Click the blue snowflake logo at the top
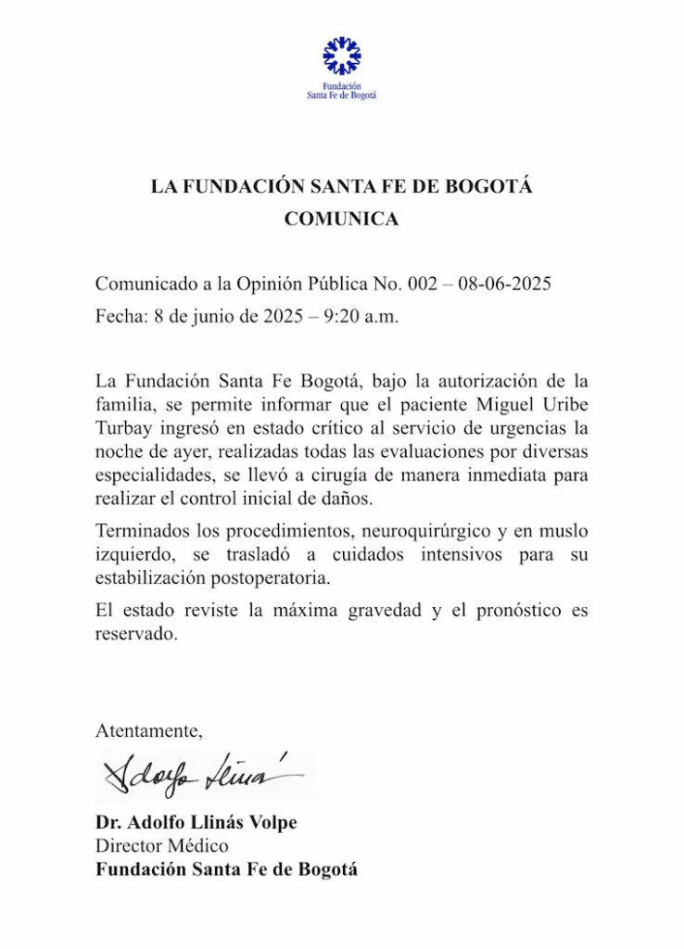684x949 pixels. [x=341, y=56]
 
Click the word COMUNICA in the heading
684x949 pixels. [x=341, y=219]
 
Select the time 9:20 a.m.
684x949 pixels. [x=361, y=315]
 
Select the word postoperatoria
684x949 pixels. [x=276, y=578]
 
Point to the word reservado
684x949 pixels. [x=135, y=636]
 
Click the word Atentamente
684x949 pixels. [x=148, y=730]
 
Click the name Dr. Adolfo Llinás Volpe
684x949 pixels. [x=196, y=823]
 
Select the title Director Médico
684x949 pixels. [x=161, y=845]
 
